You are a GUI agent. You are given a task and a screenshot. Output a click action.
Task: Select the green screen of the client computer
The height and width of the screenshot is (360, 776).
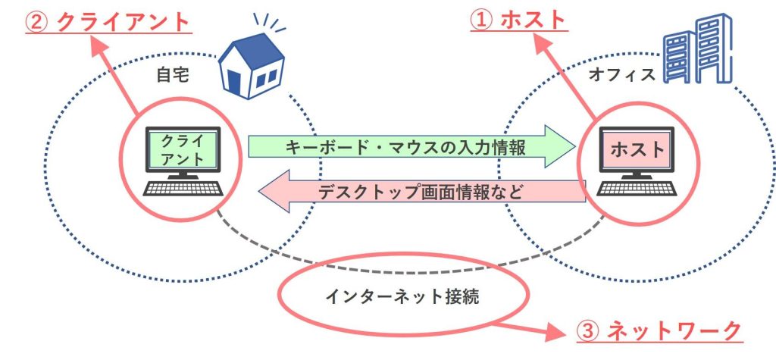[x=183, y=150]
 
